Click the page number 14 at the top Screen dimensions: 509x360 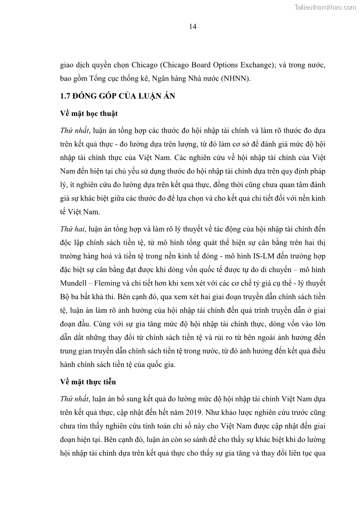[192, 27]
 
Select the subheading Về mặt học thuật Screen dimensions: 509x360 [89, 113]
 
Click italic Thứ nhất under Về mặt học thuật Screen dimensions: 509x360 [75, 131]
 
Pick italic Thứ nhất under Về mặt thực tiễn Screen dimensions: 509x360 [75, 399]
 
